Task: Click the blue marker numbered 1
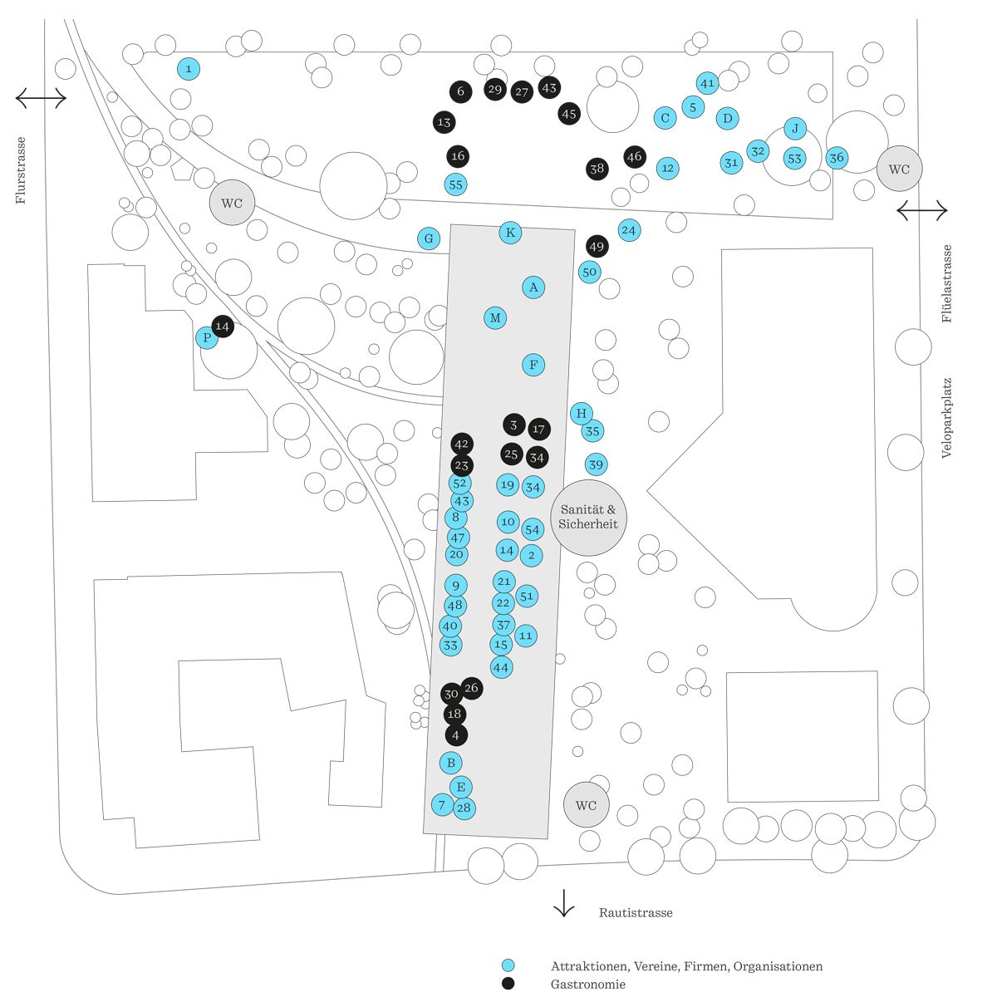coord(189,69)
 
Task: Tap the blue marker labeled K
coord(511,233)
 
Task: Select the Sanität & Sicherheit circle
coord(588,517)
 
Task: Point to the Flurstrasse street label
coord(21,170)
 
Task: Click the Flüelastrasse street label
coord(947,283)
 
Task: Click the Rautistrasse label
coord(636,912)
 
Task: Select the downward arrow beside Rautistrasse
coord(564,903)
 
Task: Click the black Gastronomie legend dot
coord(508,984)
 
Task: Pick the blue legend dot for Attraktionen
coord(508,965)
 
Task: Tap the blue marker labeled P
coord(206,338)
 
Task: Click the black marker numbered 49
coord(597,246)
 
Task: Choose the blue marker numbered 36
coord(837,158)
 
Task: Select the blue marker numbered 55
coord(455,184)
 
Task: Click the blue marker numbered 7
coord(442,804)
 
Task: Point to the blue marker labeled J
coord(795,129)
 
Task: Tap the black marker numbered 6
coord(461,91)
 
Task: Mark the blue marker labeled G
coord(429,238)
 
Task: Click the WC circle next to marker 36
coord(899,169)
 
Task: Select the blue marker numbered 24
coord(629,230)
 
